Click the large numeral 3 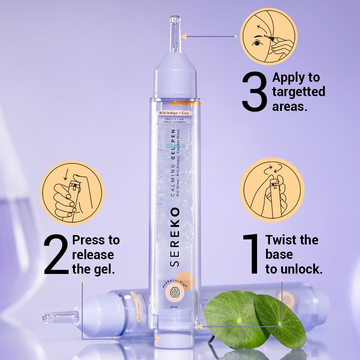pyautogui.click(x=255, y=92)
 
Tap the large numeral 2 pyautogui.click(x=57, y=255)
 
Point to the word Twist pyautogui.click(x=282, y=240)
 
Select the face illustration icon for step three pyautogui.click(x=268, y=37)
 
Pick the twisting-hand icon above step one pyautogui.click(x=272, y=190)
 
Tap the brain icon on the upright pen pyautogui.click(x=175, y=292)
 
